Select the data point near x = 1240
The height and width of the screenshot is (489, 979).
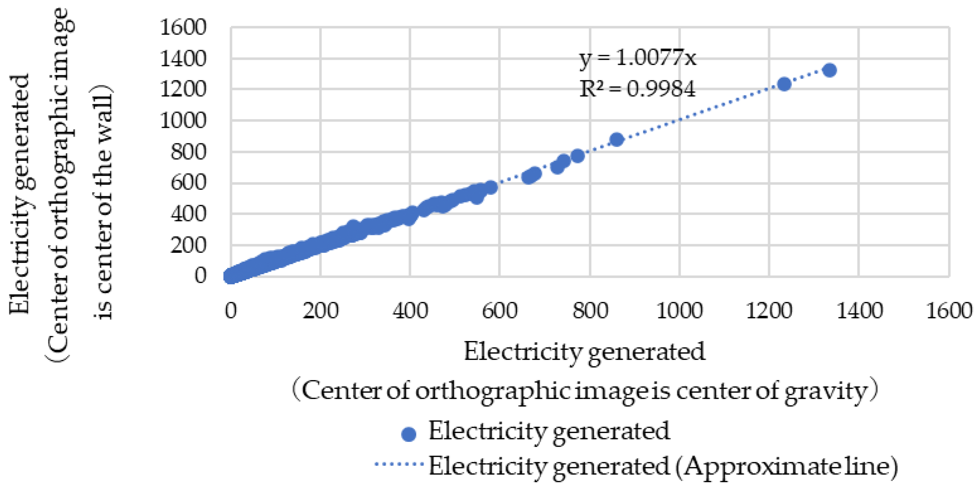784,84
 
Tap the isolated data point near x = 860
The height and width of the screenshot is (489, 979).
616,139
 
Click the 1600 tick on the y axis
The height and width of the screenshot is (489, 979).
183,27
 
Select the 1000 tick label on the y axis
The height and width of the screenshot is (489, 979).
183,121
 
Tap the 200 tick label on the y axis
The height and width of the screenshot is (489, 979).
188,246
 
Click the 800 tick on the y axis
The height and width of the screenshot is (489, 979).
188,152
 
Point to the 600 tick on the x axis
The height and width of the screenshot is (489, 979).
499,310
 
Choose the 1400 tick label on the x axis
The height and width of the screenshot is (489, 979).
859,310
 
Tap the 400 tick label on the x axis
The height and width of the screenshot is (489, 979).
410,310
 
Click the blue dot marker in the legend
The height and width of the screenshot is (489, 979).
409,434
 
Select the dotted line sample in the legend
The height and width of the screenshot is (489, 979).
399,464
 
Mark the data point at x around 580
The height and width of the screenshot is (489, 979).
491,187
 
